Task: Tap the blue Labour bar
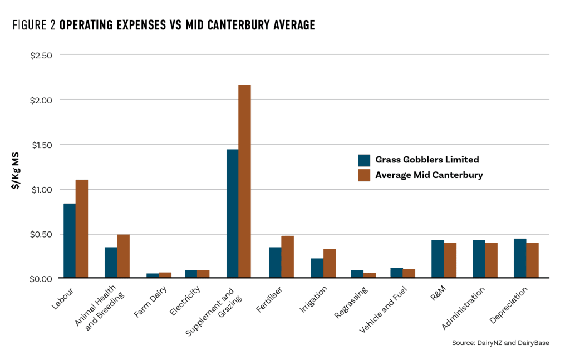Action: pyautogui.click(x=70, y=240)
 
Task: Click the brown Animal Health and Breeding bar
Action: pyautogui.click(x=123, y=256)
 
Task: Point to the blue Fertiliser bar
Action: pyautogui.click(x=275, y=262)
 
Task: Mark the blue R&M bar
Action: pyautogui.click(x=438, y=259)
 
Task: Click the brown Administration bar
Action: pyautogui.click(x=491, y=260)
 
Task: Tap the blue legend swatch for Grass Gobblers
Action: pyautogui.click(x=364, y=160)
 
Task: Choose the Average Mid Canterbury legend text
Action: pyautogui.click(x=429, y=175)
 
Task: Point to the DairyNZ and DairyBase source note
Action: pyautogui.click(x=500, y=343)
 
